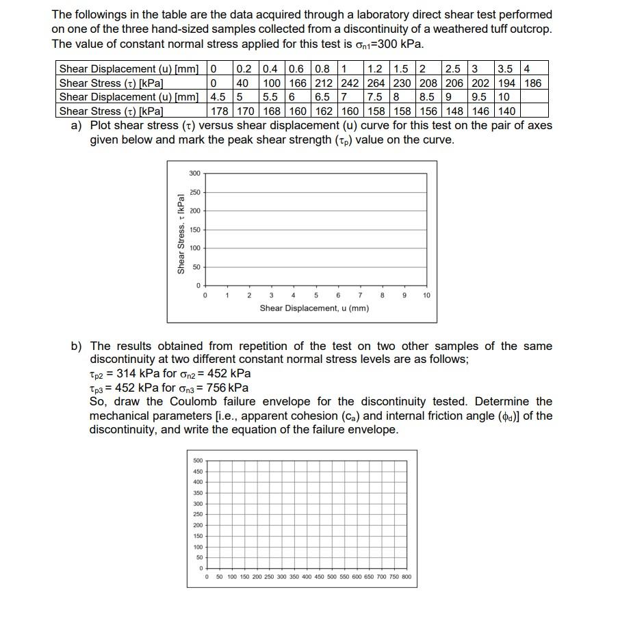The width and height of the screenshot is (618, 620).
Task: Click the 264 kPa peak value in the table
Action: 378,83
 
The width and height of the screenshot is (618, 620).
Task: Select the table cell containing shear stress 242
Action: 351,83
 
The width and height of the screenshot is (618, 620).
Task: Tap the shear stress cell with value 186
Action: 532,83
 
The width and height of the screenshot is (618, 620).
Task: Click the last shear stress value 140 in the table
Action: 506,111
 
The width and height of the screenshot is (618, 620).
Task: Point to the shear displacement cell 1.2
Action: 375,68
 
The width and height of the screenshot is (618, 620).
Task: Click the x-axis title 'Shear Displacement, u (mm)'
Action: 314,308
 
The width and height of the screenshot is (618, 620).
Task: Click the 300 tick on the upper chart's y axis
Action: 195,174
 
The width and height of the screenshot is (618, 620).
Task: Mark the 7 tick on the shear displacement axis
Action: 360,295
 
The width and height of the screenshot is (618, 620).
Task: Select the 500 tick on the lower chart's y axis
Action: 198,461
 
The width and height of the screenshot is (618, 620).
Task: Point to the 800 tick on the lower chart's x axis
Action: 406,577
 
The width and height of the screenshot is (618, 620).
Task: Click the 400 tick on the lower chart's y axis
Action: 198,482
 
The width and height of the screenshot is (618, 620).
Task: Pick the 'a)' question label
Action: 77,126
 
